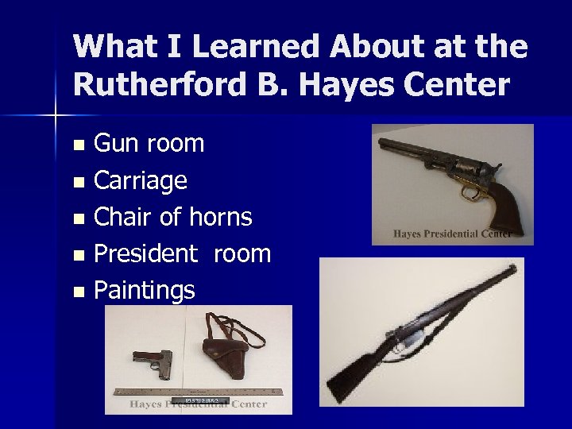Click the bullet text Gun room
(149, 144)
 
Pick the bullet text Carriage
(141, 180)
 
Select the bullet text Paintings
(145, 290)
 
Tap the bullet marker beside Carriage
(77, 182)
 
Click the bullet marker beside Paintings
(77, 292)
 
